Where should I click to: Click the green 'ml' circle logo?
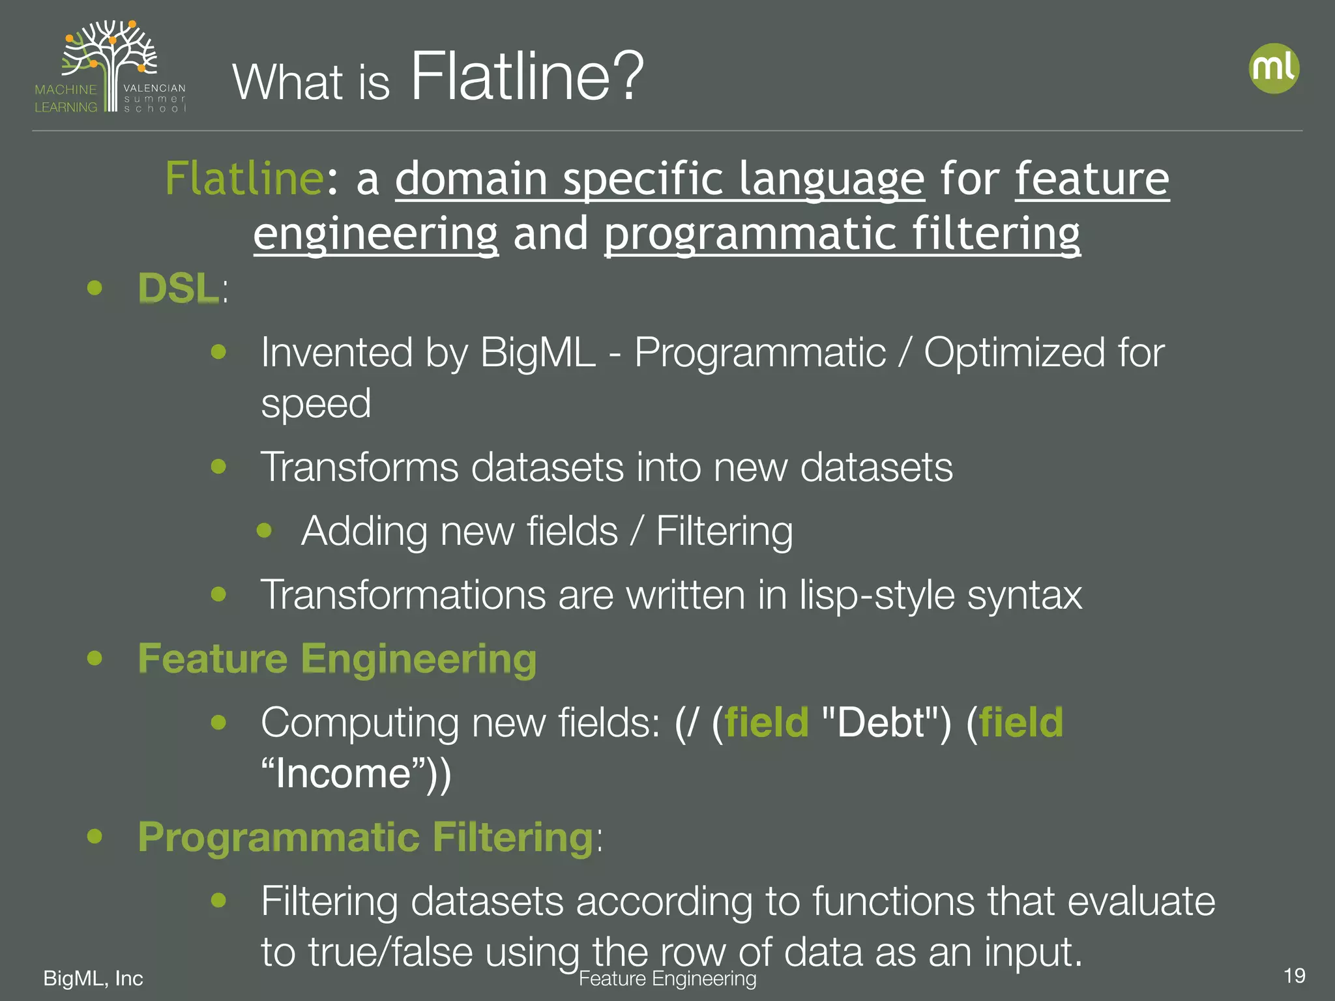[x=1274, y=68]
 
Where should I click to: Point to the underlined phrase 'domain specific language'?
[x=660, y=178]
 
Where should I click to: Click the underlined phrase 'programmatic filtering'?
[x=842, y=233]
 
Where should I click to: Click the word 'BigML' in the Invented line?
[x=538, y=353]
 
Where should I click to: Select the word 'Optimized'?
[x=1014, y=353]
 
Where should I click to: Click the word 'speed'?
[x=315, y=403]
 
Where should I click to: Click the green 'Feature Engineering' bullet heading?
[x=337, y=658]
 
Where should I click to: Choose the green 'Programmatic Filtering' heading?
[x=365, y=837]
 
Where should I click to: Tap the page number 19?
[x=1294, y=976]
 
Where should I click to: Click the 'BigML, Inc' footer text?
[x=93, y=978]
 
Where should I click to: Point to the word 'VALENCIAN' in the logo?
[x=154, y=88]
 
